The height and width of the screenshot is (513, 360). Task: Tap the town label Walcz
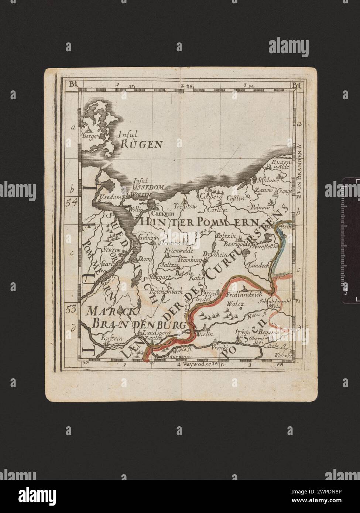tap(237, 304)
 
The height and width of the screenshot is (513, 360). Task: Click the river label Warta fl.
tap(184, 348)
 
